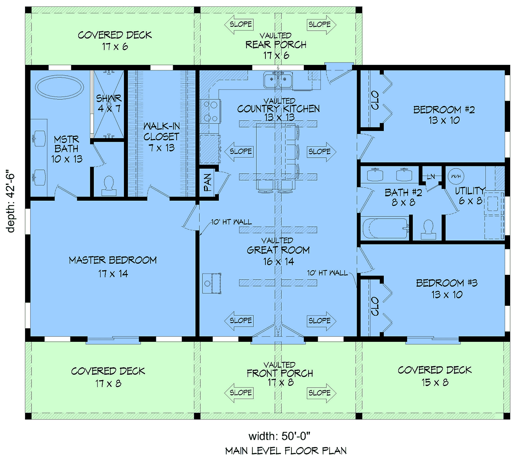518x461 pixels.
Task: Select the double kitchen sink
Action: coord(278,80)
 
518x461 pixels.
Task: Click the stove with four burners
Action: coord(210,111)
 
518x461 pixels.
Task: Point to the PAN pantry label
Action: coord(208,182)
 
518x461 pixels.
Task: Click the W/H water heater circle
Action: coord(456,176)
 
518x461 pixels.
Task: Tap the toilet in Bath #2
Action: coord(428,229)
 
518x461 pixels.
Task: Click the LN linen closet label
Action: coord(431,176)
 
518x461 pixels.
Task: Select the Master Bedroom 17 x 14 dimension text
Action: coord(113,273)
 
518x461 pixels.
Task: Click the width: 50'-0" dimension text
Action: coord(280,436)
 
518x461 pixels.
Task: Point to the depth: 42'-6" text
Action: coord(11,200)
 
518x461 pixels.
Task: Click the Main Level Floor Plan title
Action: coord(286,451)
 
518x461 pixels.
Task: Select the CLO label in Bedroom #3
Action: coord(375,306)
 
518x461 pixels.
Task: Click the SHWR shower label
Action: coord(109,98)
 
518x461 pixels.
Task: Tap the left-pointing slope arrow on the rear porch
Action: coord(239,25)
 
